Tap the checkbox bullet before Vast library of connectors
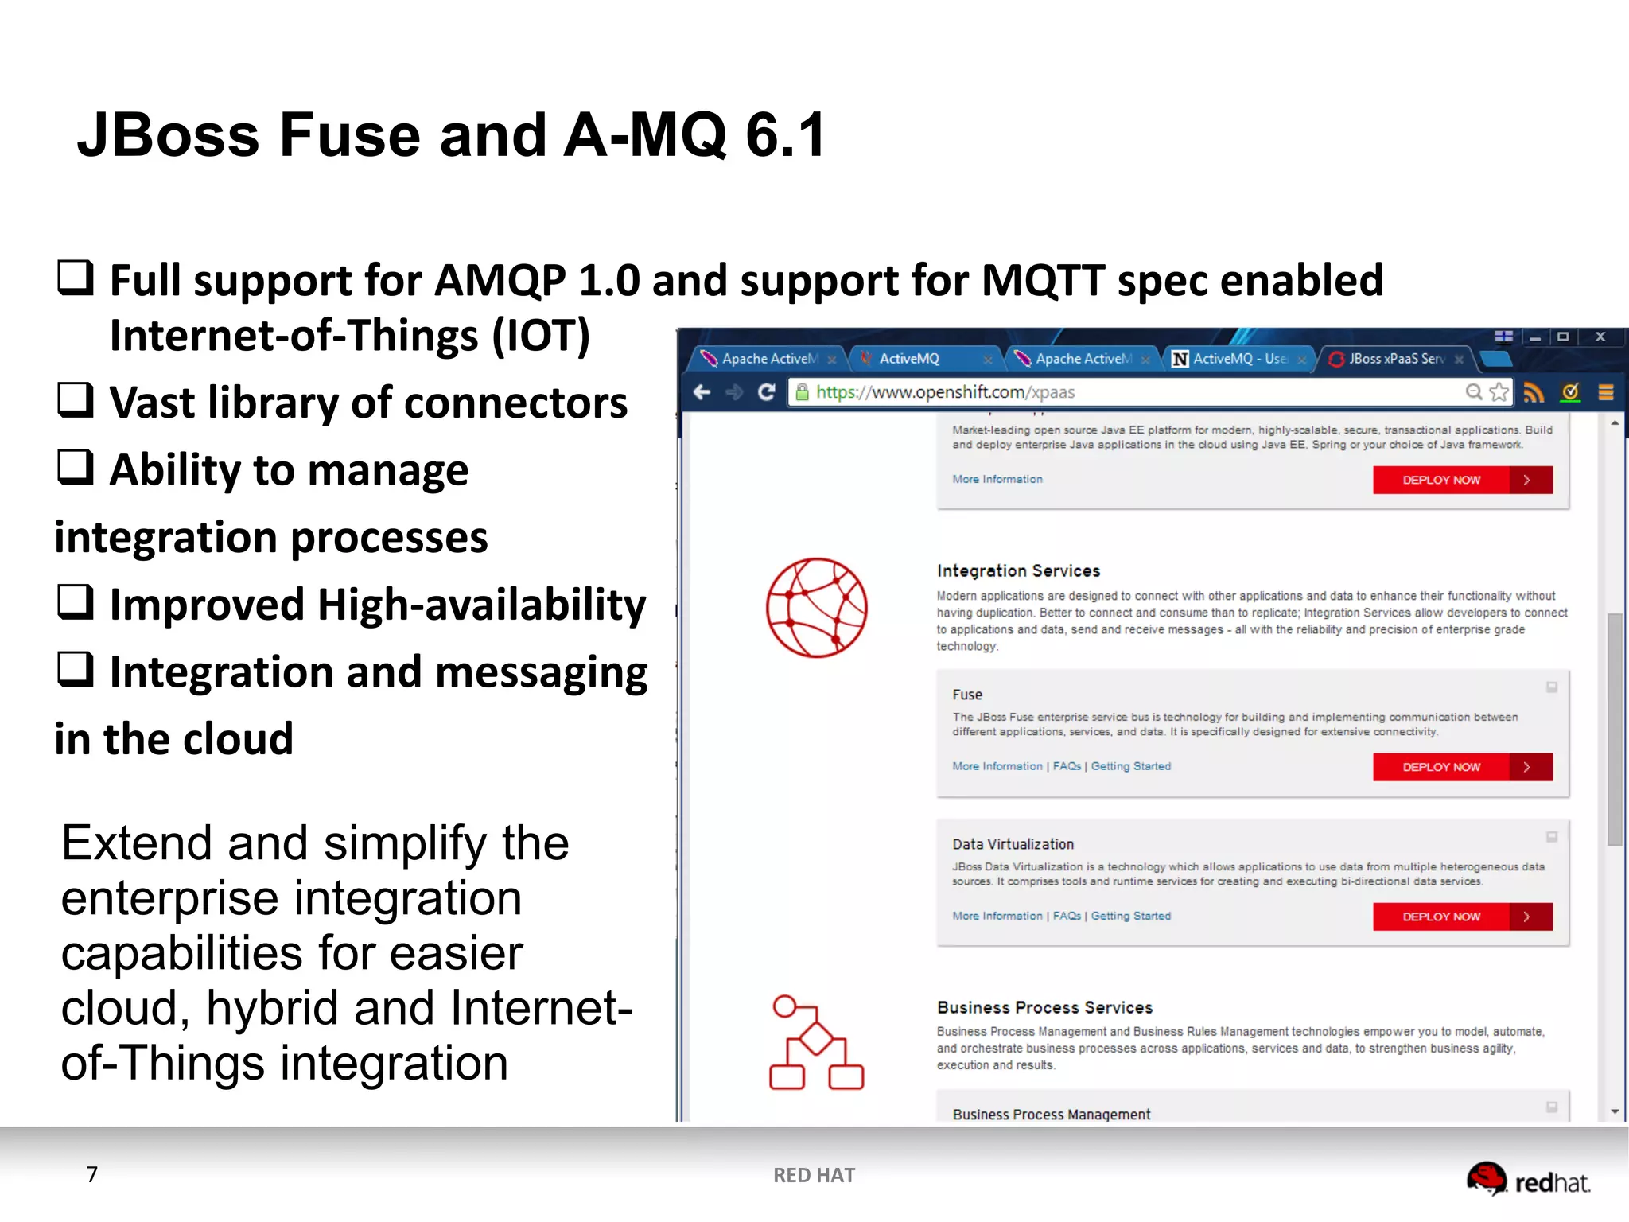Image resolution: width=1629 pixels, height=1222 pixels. click(76, 399)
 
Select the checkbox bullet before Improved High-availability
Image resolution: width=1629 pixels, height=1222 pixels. click(76, 601)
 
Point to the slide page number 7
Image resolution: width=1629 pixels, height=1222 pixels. click(92, 1174)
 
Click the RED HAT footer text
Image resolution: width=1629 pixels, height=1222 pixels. click(814, 1175)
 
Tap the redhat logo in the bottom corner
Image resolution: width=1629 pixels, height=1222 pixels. click(1527, 1180)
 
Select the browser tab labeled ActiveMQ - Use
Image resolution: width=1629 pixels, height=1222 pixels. click(1238, 359)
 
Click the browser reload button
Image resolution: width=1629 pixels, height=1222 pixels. click(766, 392)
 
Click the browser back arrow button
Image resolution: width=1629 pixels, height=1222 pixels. click(702, 392)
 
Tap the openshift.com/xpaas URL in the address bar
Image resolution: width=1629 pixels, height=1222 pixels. click(945, 392)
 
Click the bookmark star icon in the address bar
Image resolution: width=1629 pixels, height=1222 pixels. click(1499, 392)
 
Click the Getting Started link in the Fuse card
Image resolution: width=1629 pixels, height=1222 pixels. click(1130, 766)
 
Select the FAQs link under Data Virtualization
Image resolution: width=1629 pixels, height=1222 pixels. click(1067, 916)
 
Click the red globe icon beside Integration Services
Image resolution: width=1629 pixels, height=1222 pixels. click(816, 608)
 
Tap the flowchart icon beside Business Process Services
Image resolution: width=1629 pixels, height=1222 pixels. click(816, 1041)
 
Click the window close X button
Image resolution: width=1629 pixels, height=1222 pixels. click(1600, 337)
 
